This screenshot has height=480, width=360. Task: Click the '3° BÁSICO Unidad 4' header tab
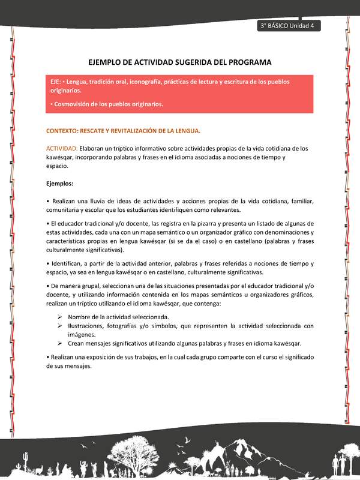[x=289, y=26]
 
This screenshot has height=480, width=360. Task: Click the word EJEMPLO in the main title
[x=107, y=62]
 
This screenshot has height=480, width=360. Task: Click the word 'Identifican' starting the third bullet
[x=68, y=263]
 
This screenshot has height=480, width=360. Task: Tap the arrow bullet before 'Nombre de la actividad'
[x=61, y=317]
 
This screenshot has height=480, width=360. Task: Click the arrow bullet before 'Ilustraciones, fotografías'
[x=61, y=326]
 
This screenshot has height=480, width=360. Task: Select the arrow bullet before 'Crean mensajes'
[x=61, y=344]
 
